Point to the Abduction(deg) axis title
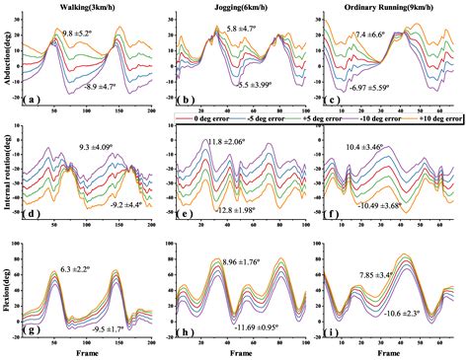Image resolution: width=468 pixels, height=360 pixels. pos(8,59)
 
